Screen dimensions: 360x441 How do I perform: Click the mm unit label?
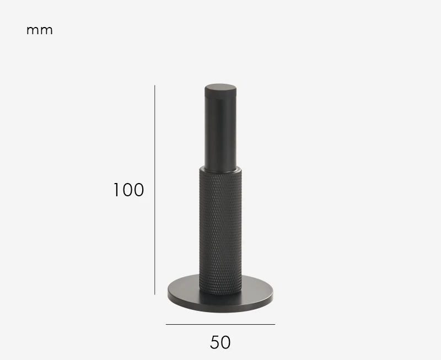pos(40,30)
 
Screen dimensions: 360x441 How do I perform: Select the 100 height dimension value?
pos(128,190)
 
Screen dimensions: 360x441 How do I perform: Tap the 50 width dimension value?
pos(220,342)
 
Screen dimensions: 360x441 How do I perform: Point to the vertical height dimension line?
pos(155,190)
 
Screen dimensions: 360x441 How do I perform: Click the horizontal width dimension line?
pos(220,325)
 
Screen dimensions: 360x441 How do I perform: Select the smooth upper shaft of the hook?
pos(220,132)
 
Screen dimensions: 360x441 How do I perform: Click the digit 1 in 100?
pos(116,190)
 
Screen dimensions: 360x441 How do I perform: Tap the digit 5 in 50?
pos(214,342)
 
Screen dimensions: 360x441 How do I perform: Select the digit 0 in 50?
pos(226,342)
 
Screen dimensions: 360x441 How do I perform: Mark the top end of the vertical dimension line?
pos(155,85)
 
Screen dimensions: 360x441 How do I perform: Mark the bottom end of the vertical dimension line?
pos(155,294)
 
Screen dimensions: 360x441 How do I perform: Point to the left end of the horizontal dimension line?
pos(166,325)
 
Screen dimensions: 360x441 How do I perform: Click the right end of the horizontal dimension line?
pos(275,325)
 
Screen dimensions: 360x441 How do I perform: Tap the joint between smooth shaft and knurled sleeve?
pos(220,167)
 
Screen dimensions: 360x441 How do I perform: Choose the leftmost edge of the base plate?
pos(169,294)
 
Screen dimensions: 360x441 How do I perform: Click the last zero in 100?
pos(138,190)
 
